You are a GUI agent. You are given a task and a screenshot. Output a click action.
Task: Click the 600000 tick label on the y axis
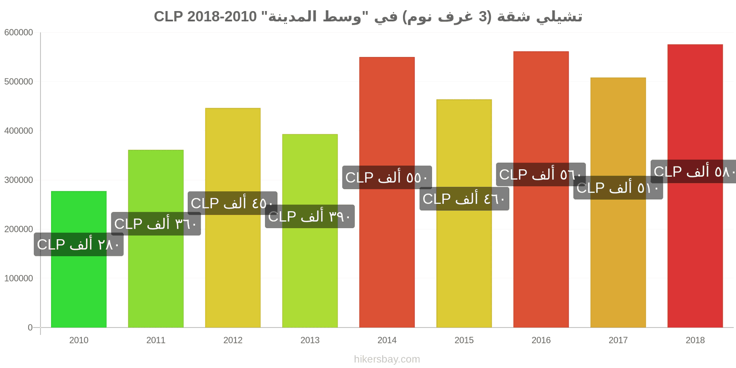tap(19, 33)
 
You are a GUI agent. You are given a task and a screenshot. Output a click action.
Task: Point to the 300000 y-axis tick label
tap(19, 180)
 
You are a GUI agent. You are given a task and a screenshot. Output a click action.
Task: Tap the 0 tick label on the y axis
tap(30, 328)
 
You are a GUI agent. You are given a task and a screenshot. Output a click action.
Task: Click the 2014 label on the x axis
tap(387, 340)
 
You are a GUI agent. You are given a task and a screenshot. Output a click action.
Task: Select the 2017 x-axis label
tap(618, 340)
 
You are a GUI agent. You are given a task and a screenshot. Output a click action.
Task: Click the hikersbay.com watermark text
tap(387, 359)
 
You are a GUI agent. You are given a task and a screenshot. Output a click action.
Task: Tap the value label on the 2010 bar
tap(79, 244)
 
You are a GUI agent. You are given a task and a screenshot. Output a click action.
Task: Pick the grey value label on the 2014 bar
tap(387, 178)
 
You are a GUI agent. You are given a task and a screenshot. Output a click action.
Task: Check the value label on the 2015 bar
tap(464, 199)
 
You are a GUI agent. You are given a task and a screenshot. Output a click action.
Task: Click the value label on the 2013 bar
tap(310, 217)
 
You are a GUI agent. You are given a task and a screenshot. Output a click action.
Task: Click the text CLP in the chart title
tap(168, 17)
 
